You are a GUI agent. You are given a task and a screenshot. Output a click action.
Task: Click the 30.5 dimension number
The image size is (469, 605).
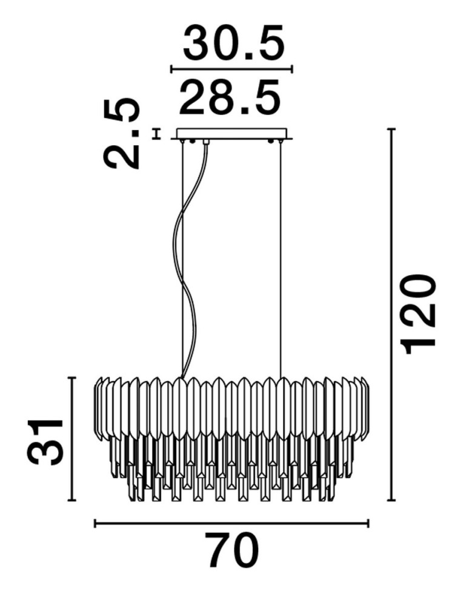pos(234,43)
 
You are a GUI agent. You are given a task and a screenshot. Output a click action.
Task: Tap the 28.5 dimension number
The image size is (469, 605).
pos(230,98)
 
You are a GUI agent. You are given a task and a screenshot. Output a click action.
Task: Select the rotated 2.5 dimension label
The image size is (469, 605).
pos(121,134)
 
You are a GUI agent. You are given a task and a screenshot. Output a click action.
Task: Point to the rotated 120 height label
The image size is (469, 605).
pos(419,315)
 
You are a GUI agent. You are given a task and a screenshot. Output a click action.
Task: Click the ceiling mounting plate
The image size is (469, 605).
pos(231,134)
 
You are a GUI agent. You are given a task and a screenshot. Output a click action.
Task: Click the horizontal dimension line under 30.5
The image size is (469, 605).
pos(232,70)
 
